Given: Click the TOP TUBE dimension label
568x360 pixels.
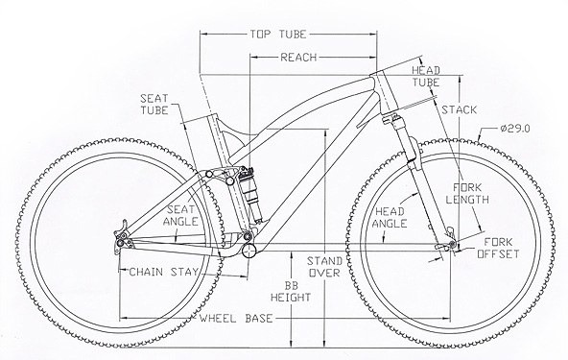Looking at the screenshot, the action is [x=278, y=35].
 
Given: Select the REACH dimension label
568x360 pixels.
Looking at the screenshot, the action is [x=298, y=58].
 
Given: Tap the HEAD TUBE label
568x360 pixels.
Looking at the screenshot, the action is [x=426, y=76].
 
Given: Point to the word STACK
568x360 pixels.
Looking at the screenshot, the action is [x=459, y=109].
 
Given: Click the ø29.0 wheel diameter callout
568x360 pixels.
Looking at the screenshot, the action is [x=515, y=129].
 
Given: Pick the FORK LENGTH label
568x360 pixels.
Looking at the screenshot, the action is [x=467, y=193].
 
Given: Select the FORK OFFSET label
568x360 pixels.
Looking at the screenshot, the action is [x=498, y=248].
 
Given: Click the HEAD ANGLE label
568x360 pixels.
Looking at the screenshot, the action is [x=390, y=217].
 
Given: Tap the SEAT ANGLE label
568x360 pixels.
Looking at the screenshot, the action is [x=180, y=215].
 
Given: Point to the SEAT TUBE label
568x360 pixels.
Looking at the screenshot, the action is [x=154, y=104].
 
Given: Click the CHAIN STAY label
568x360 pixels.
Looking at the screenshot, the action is [x=164, y=272].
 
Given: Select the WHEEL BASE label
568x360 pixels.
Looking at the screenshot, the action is [x=236, y=319].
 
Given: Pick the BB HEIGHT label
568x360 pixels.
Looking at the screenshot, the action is [x=291, y=292].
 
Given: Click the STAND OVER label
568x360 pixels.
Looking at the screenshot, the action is [x=324, y=267].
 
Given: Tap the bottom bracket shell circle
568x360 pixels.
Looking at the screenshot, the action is [x=249, y=251].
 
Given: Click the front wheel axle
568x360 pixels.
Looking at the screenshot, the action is [x=452, y=244].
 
